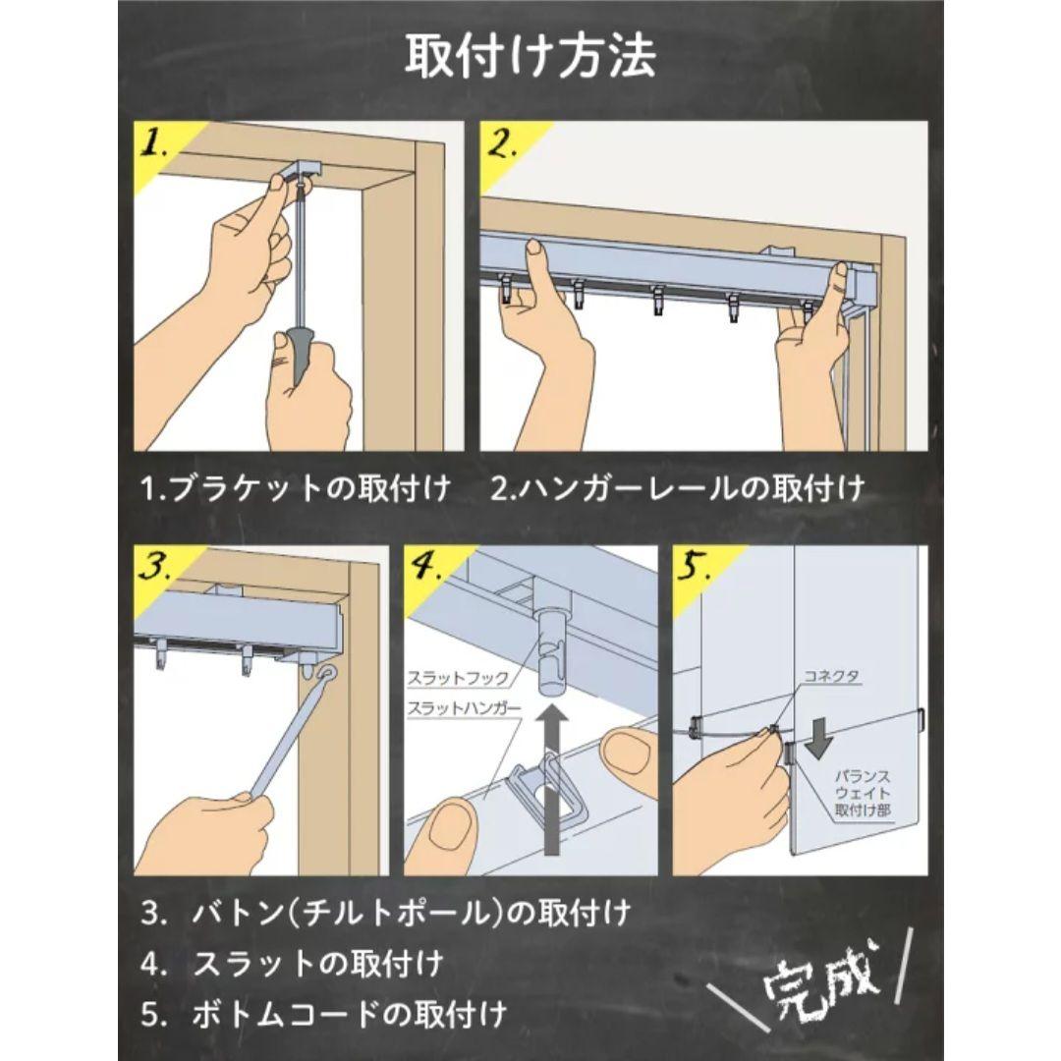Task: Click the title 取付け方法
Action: click(x=530, y=58)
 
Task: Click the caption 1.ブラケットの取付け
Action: click(x=296, y=487)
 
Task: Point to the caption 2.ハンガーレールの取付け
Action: click(x=679, y=487)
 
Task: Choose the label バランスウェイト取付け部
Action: click(x=863, y=793)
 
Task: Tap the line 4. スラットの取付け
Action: click(x=292, y=962)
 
